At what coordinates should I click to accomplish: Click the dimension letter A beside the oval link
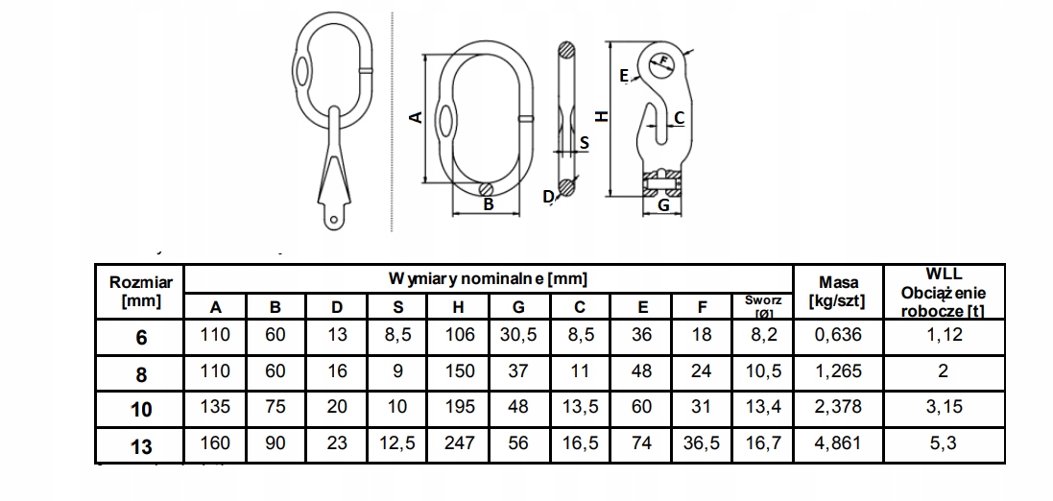click(x=417, y=117)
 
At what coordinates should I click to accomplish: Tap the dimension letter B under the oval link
click(x=489, y=204)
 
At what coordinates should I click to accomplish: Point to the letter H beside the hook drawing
click(x=603, y=116)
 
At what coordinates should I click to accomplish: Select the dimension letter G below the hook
click(x=663, y=205)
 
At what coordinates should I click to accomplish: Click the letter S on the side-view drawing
click(x=585, y=142)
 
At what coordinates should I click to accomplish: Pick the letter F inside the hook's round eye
click(x=664, y=61)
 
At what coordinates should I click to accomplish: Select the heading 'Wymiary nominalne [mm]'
click(x=489, y=277)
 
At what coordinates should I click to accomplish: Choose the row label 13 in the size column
click(x=141, y=446)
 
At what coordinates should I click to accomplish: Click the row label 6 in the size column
click(x=141, y=337)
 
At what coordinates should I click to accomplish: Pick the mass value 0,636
click(x=838, y=334)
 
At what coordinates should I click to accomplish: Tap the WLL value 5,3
click(x=944, y=443)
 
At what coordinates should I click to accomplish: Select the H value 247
click(x=460, y=443)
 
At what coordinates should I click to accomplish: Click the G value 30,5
click(x=518, y=334)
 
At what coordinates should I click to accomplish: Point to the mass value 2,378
click(x=838, y=407)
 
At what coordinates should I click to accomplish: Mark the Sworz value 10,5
click(x=763, y=370)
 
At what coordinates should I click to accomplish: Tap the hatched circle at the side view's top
click(x=567, y=51)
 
